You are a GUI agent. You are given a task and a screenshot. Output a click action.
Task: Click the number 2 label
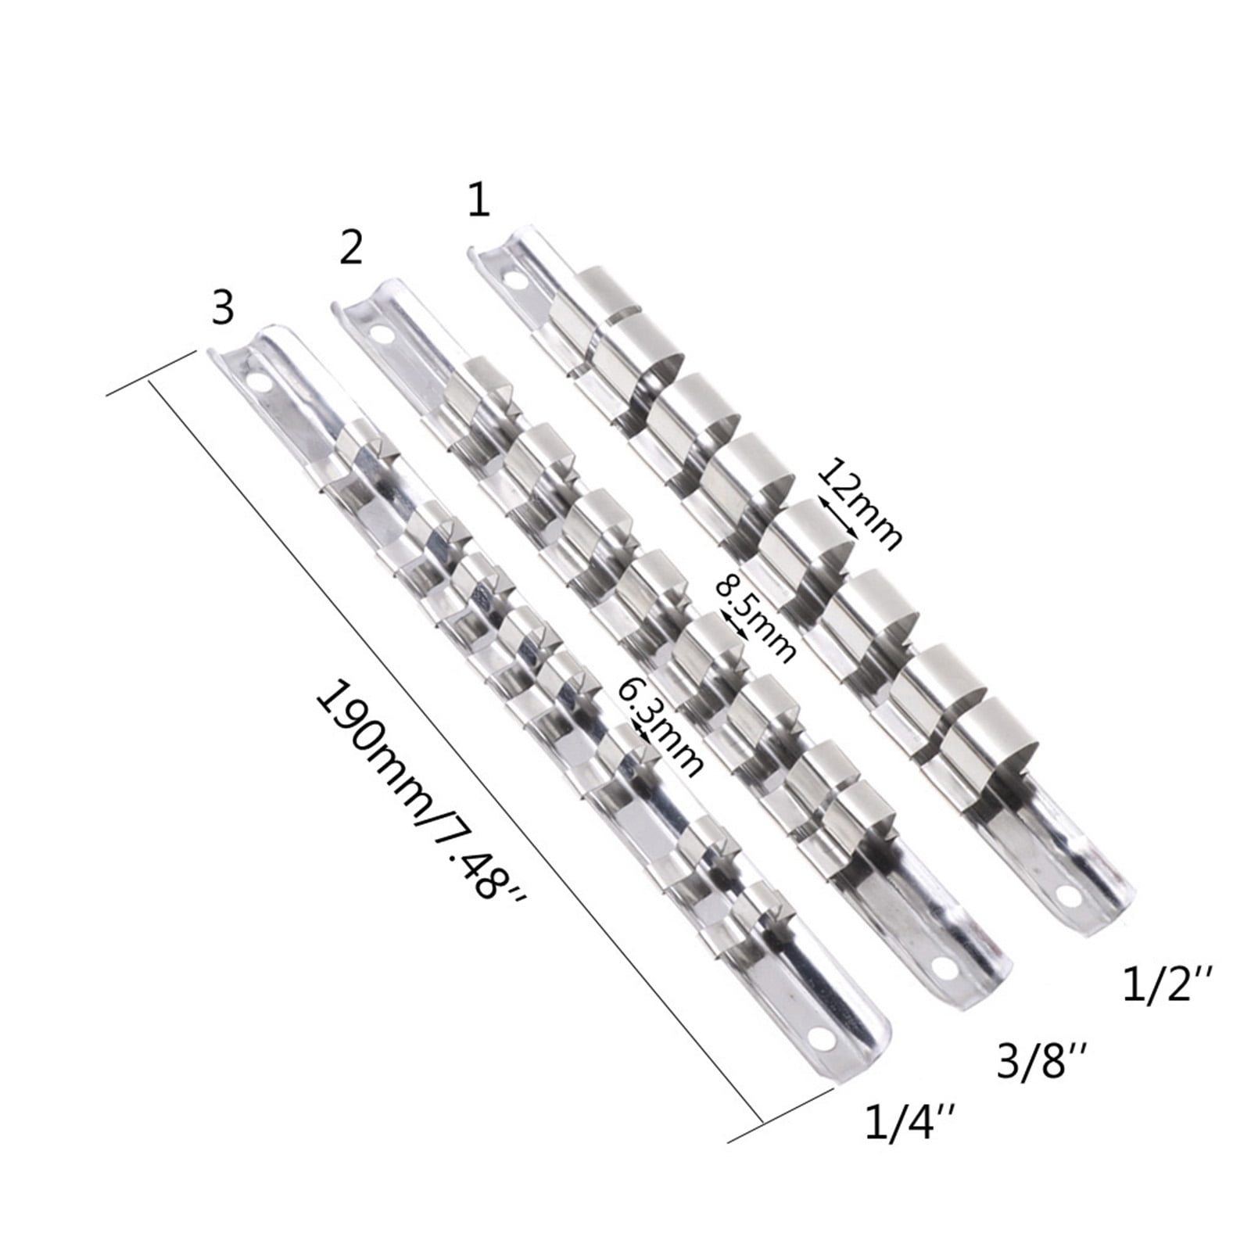click(351, 248)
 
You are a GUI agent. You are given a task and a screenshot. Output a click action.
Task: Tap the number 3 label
click(223, 309)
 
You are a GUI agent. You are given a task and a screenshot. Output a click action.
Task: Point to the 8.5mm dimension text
click(757, 618)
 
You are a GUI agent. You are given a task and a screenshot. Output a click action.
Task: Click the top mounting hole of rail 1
click(514, 278)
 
